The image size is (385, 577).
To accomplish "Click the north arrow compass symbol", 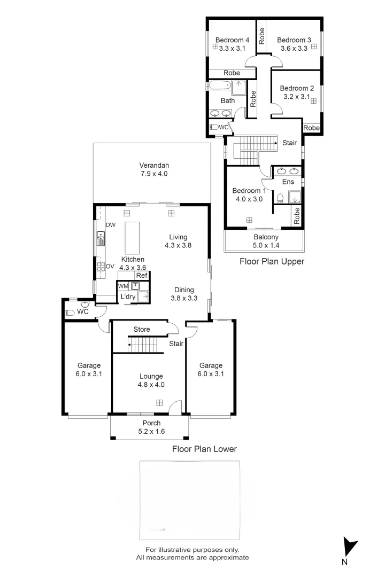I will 350,547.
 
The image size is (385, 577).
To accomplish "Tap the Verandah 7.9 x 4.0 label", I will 153,169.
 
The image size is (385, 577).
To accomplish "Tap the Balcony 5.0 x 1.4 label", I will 265,241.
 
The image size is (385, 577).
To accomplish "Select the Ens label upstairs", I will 288,182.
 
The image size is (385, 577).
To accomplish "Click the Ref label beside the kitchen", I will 141,276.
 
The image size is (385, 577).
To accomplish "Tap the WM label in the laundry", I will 122,286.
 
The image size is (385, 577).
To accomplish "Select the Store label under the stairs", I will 142,330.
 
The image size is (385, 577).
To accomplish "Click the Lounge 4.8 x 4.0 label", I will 150,380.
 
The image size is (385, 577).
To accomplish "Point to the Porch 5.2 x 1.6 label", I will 150,427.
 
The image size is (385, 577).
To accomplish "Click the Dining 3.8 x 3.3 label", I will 182,294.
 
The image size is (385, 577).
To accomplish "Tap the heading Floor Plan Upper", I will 271,262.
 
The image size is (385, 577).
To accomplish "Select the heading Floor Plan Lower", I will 204,449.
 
